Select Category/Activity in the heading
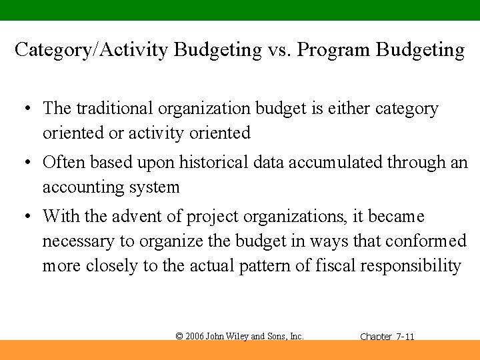[x=92, y=50]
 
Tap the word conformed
[x=424, y=241]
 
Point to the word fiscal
[x=335, y=265]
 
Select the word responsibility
[x=411, y=265]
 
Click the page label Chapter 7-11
[x=387, y=337]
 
